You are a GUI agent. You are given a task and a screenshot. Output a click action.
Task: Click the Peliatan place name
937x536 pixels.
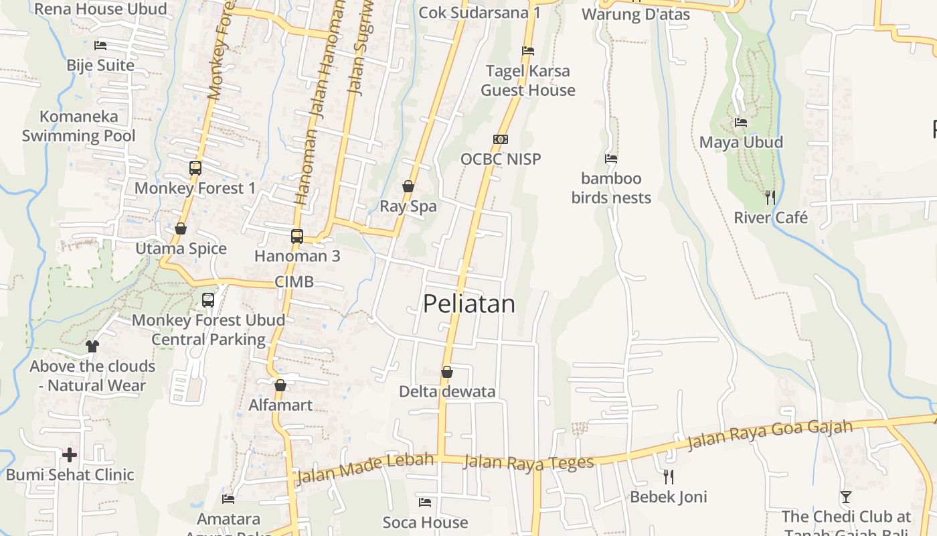(x=469, y=304)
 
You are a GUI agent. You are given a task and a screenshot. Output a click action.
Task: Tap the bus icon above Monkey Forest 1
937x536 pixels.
(x=195, y=168)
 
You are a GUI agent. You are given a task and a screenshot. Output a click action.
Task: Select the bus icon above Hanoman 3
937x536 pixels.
(x=297, y=236)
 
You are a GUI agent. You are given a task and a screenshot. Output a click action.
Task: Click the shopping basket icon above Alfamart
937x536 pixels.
(x=280, y=385)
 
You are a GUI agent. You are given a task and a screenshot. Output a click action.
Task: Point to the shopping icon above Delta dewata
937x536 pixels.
(x=447, y=371)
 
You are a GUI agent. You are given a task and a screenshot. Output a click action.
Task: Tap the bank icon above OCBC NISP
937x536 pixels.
(x=501, y=139)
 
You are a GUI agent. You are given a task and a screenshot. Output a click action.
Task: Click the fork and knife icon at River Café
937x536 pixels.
(x=770, y=197)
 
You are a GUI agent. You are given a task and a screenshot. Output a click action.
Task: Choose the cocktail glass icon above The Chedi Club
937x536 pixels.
(x=846, y=496)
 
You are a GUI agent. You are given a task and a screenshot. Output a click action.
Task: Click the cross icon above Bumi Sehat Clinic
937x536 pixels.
(x=70, y=455)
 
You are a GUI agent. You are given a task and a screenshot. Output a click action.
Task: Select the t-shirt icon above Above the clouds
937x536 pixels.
(x=92, y=346)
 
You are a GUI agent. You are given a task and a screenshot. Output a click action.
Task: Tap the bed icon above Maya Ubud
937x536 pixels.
(x=741, y=123)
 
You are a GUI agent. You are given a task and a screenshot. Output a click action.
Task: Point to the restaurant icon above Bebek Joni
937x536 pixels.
(x=668, y=476)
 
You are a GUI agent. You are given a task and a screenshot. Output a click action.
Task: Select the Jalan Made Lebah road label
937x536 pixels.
(x=364, y=468)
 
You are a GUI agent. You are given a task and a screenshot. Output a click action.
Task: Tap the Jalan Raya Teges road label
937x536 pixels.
(x=529, y=462)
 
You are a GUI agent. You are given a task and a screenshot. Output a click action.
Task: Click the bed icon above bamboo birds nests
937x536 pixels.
(x=611, y=159)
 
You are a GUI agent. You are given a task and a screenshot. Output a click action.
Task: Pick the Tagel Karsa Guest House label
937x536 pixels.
(x=528, y=80)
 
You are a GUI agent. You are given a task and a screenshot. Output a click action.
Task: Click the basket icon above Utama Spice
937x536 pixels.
(x=181, y=229)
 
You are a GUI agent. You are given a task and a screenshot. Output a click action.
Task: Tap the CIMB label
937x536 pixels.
(x=294, y=282)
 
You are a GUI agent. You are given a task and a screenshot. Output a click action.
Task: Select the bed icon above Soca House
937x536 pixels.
(x=425, y=502)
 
